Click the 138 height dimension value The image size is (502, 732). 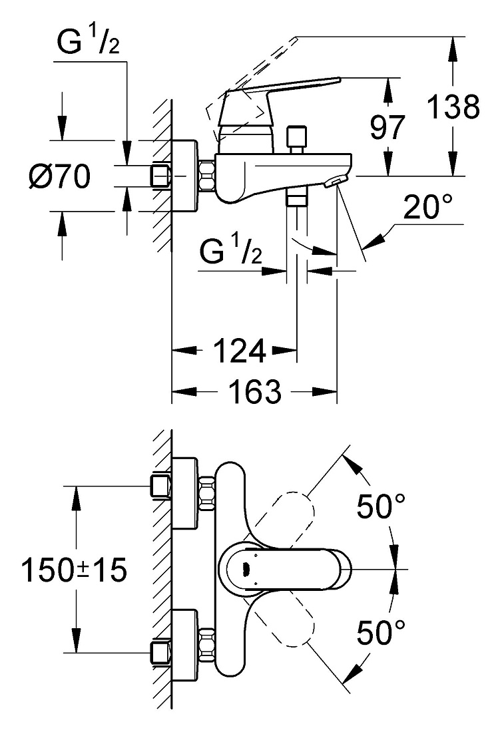[453, 106]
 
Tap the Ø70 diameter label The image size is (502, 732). [59, 176]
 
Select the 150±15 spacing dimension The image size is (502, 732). [75, 570]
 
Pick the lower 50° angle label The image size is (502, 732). [381, 633]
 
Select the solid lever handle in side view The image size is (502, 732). [276, 101]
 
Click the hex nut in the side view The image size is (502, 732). [206, 176]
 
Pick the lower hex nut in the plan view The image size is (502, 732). [206, 645]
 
